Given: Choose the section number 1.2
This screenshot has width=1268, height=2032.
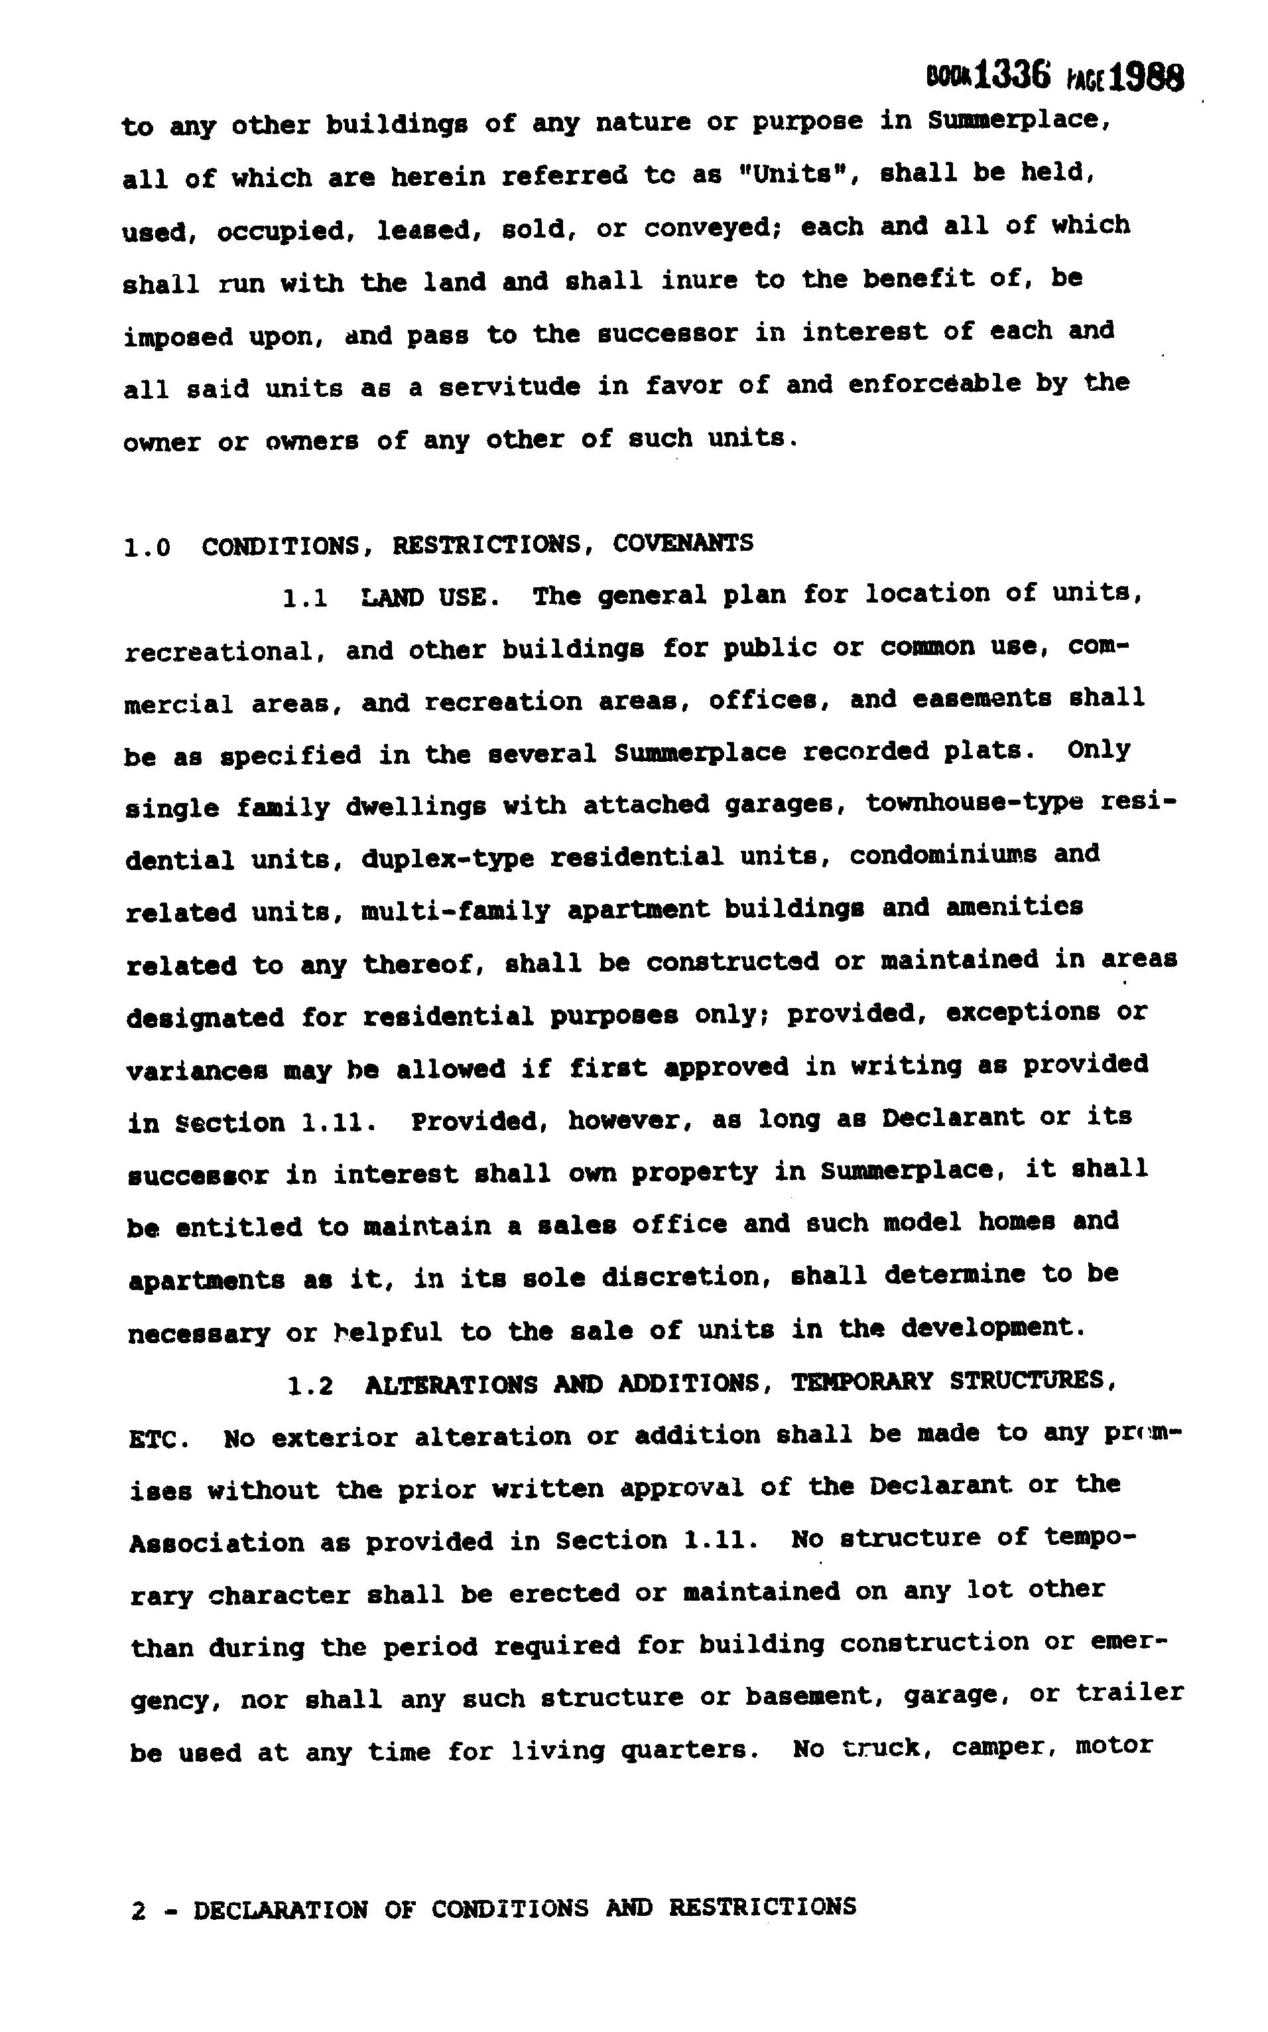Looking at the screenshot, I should [310, 1386].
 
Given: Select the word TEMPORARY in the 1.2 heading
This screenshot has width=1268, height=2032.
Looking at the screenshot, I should [862, 1382].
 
